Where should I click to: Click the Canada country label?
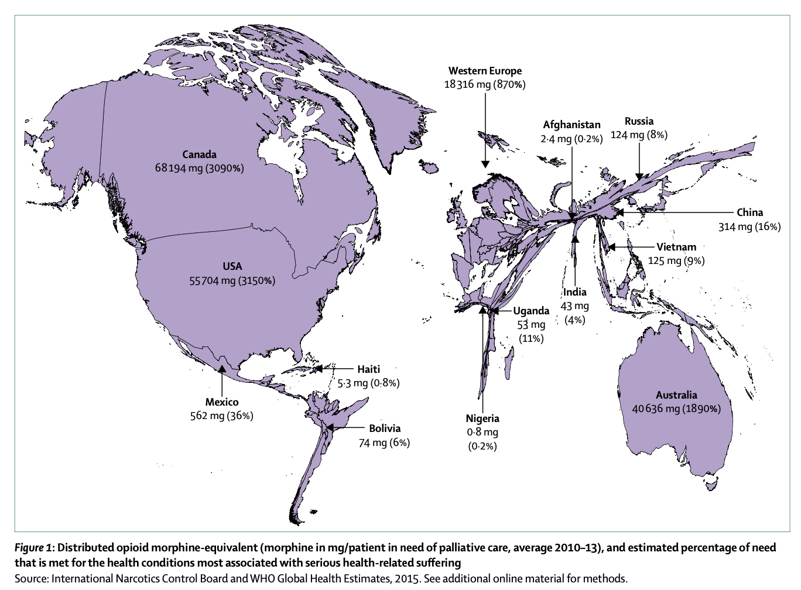point(199,155)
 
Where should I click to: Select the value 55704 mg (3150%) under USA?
point(232,280)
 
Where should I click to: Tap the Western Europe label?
point(485,71)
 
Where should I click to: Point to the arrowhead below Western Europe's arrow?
point(485,164)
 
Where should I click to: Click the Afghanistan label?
point(571,125)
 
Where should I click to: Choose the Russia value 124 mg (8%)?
point(639,135)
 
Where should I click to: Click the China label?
point(749,212)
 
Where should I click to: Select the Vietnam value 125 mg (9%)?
point(676,260)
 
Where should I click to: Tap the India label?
point(574,292)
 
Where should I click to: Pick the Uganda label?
point(531,311)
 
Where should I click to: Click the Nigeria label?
point(482,418)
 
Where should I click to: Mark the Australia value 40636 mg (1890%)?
point(676,409)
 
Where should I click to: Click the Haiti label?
point(368,369)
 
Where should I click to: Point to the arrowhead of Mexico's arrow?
point(222,368)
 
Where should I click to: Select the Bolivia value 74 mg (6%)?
point(384,442)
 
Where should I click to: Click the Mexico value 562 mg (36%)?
point(221,416)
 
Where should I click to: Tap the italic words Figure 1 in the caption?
point(34,548)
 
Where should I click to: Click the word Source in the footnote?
point(31,578)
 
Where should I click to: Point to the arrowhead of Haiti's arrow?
point(319,369)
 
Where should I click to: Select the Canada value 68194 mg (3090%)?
point(199,169)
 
